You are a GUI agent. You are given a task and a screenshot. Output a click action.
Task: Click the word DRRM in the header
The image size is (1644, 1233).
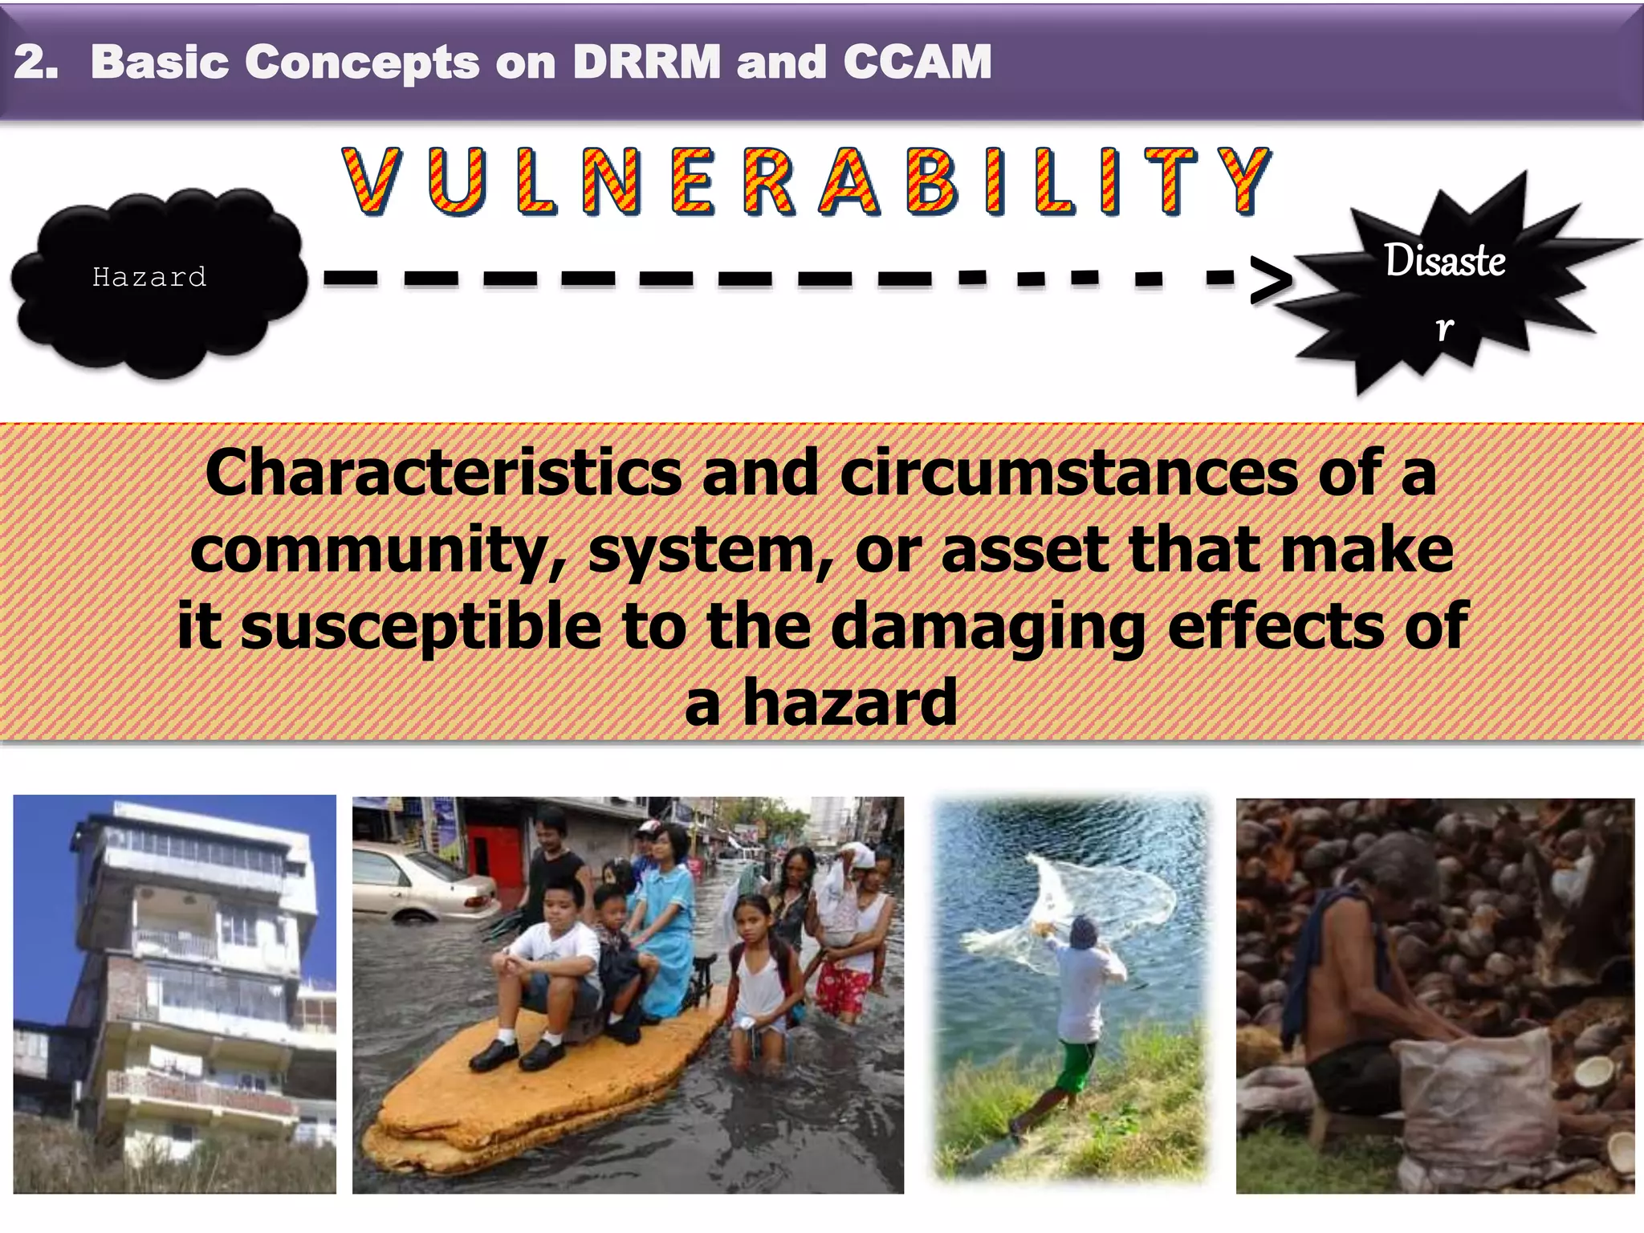pyautogui.click(x=646, y=62)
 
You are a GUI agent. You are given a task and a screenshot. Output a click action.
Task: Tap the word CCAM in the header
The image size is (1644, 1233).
pyautogui.click(x=917, y=62)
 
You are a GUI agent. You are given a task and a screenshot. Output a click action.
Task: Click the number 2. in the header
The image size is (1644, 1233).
pyautogui.click(x=36, y=62)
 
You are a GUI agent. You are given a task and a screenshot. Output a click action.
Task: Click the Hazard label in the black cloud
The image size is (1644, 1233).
pyautogui.click(x=149, y=278)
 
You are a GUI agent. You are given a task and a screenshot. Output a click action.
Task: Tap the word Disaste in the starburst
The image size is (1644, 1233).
pyautogui.click(x=1444, y=261)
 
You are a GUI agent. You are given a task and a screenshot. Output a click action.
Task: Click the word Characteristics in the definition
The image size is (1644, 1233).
pyautogui.click(x=443, y=474)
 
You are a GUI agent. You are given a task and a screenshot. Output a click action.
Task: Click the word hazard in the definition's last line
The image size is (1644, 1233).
pyautogui.click(x=850, y=703)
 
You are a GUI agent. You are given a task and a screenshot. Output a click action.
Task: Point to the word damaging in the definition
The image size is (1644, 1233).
pyautogui.click(x=989, y=627)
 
